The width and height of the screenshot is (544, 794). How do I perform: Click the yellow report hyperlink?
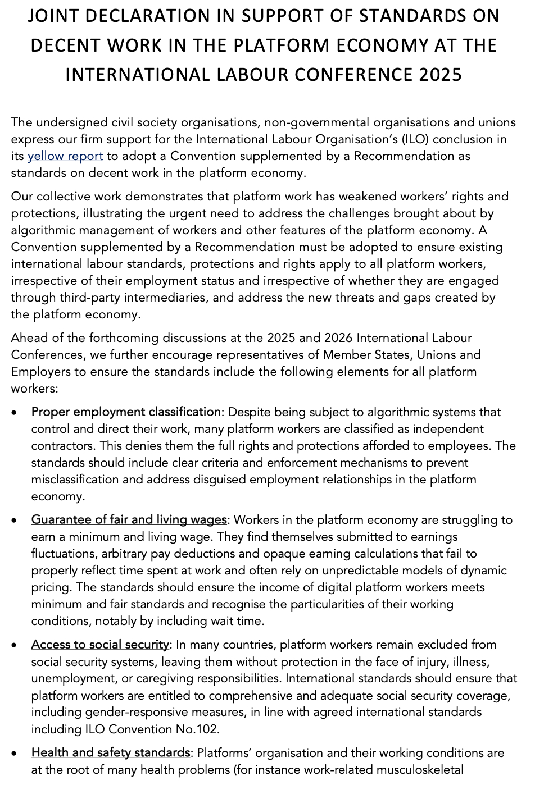pos(65,156)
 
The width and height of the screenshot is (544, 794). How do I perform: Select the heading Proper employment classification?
pos(126,412)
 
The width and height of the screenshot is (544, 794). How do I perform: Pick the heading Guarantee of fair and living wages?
pos(129,520)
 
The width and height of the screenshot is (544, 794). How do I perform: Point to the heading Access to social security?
pos(100,645)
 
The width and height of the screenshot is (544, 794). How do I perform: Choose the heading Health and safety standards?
pos(111,752)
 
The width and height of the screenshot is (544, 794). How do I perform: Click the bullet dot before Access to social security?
pos(14,645)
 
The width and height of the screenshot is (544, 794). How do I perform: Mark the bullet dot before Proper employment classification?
pos(14,413)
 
